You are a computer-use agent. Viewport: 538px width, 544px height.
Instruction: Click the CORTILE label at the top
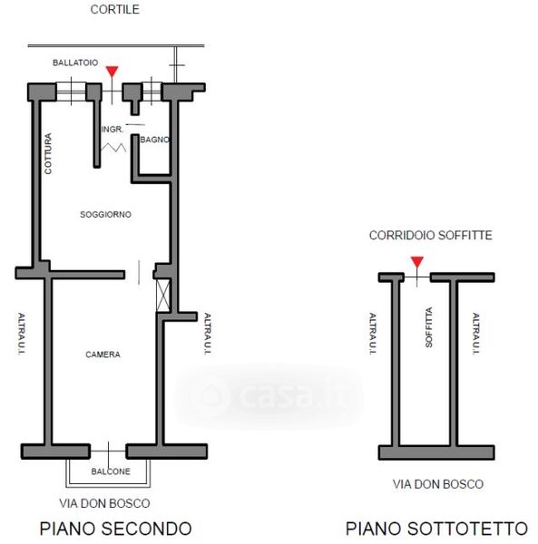pos(115,9)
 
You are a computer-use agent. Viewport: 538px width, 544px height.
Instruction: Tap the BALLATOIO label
pos(75,63)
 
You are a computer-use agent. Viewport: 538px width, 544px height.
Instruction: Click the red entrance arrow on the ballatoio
pos(112,72)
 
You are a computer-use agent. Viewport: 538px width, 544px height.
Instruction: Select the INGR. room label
pos(112,130)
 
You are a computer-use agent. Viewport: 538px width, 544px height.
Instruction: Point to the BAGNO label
pos(155,140)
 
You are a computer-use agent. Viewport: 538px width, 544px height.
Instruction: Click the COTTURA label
pos(48,154)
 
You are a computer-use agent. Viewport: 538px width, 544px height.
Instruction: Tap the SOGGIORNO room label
pos(105,214)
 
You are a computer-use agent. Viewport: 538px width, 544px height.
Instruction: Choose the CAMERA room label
pos(103,355)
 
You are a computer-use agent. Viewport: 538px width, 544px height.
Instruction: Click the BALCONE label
pos(111,471)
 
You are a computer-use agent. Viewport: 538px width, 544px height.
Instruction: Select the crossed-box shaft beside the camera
pos(163,296)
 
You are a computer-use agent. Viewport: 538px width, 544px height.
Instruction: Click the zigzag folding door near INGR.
pos(113,148)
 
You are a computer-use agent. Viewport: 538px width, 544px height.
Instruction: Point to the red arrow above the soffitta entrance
pos(416,262)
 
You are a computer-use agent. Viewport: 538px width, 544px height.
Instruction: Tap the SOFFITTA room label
pos(429,327)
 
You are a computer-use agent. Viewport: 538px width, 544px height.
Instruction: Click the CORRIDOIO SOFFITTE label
pos(430,235)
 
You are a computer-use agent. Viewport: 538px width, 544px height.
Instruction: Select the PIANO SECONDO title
pos(115,529)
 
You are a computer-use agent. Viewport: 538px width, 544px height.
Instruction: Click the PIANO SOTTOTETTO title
pos(436,529)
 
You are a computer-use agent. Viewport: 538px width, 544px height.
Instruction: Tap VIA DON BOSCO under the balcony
pos(104,503)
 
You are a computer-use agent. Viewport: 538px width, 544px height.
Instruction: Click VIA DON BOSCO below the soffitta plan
pos(438,484)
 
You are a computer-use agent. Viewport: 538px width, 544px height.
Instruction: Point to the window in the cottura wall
pos(71,92)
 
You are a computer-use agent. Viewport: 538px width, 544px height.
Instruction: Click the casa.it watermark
pos(269,395)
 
